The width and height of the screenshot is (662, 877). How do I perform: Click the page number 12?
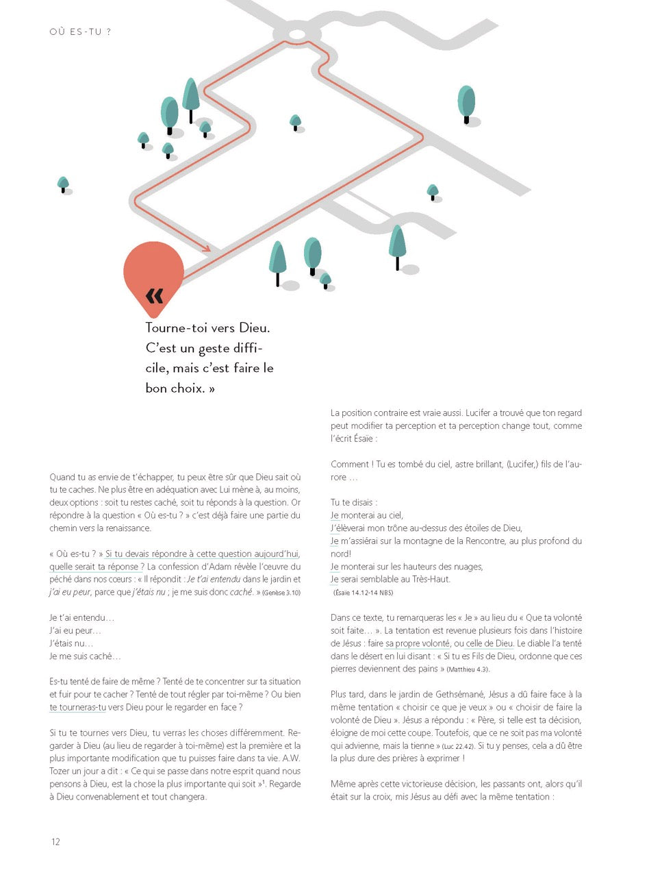coord(55,841)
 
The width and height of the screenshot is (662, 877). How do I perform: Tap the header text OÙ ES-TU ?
coord(80,32)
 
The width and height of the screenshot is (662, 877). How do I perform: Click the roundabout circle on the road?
coord(297,34)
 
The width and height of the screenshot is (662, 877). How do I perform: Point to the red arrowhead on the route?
coord(207,249)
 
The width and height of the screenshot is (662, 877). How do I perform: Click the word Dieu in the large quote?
coord(254,328)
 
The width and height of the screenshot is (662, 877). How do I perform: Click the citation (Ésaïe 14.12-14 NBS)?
coord(363,593)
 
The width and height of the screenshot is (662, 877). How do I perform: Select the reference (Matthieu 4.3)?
coord(468,669)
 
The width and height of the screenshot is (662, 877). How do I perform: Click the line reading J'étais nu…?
coord(71,643)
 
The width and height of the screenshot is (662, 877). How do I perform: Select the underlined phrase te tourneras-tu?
coord(77,708)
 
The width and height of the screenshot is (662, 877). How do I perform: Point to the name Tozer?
coord(60,771)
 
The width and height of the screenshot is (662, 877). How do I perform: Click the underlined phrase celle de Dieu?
coord(489,643)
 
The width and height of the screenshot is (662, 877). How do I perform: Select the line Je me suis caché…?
coord(85,656)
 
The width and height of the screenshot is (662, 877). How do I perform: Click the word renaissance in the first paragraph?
coord(128,528)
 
